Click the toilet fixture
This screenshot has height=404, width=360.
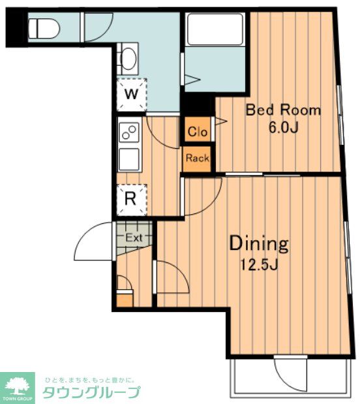pos(44,28)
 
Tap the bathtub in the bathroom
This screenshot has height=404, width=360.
pos(215,29)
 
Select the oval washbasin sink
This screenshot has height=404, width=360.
pos(128,59)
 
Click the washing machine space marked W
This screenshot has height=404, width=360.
pos(131,94)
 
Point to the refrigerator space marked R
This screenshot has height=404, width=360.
pos(131,200)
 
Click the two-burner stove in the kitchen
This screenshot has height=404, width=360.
pos(129,132)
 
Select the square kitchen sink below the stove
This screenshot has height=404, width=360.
pos(129,159)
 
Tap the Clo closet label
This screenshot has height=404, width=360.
pos(198,132)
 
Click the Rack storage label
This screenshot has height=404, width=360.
pos(198,158)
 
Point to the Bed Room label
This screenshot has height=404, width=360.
pos(283,110)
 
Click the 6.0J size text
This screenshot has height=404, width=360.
pos(284,127)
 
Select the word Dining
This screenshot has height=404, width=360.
pos(258,243)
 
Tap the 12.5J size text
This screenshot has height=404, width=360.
pos(259,264)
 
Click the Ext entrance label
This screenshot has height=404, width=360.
pos(134,238)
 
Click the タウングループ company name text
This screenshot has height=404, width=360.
pos(92,392)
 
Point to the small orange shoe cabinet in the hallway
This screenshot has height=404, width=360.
pos(125,299)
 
